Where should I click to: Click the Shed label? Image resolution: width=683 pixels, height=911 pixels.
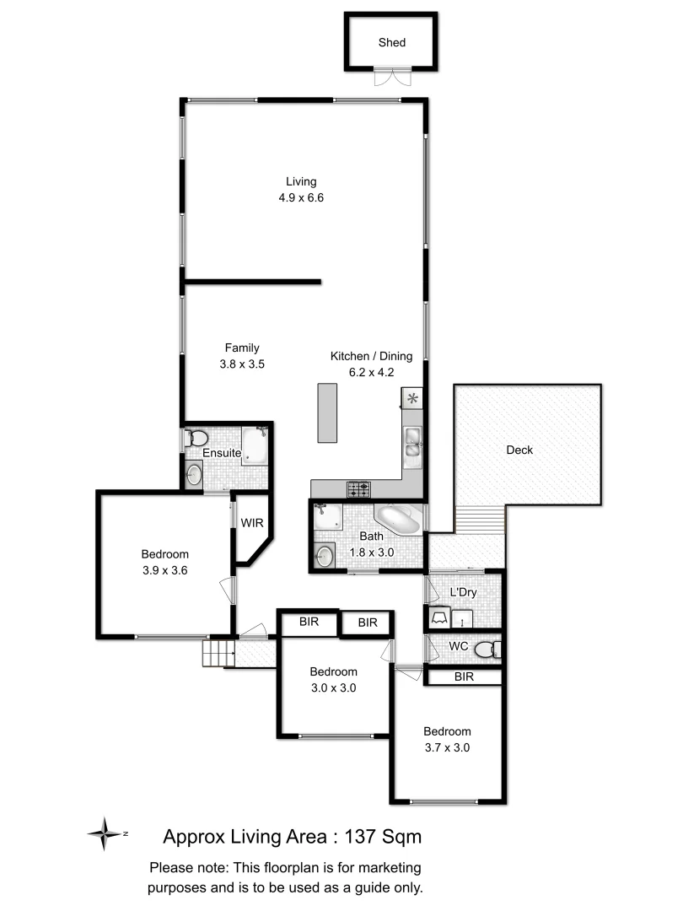pyautogui.click(x=391, y=43)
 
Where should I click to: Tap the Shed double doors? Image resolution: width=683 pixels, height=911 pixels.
pyautogui.click(x=390, y=78)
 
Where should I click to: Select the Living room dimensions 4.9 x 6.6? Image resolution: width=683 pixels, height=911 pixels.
pyautogui.click(x=301, y=198)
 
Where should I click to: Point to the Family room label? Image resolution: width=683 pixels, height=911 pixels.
pyautogui.click(x=242, y=348)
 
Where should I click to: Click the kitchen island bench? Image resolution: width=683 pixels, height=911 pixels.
pyautogui.click(x=327, y=412)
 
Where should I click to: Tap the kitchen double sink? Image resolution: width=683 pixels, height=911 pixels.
pyautogui.click(x=413, y=442)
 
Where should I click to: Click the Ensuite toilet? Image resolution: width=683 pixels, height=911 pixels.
pyautogui.click(x=197, y=439)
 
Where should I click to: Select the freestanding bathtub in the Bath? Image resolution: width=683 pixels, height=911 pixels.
pyautogui.click(x=397, y=520)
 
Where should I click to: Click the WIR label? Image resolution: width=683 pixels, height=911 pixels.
pyautogui.click(x=252, y=523)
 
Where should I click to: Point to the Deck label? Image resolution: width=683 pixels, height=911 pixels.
pyautogui.click(x=519, y=450)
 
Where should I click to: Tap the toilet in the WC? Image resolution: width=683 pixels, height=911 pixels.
pyautogui.click(x=486, y=650)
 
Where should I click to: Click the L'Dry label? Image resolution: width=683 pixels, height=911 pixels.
pyautogui.click(x=464, y=592)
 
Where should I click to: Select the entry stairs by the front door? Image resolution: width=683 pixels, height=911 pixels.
pyautogui.click(x=216, y=653)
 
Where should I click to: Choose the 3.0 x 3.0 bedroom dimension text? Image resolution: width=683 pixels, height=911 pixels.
pyautogui.click(x=333, y=687)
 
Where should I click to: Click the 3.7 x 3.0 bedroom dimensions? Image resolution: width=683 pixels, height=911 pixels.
pyautogui.click(x=447, y=747)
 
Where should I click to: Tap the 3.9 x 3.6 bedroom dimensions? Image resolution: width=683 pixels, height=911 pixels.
pyautogui.click(x=164, y=569)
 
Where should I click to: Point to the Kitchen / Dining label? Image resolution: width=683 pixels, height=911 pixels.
pyautogui.click(x=363, y=357)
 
